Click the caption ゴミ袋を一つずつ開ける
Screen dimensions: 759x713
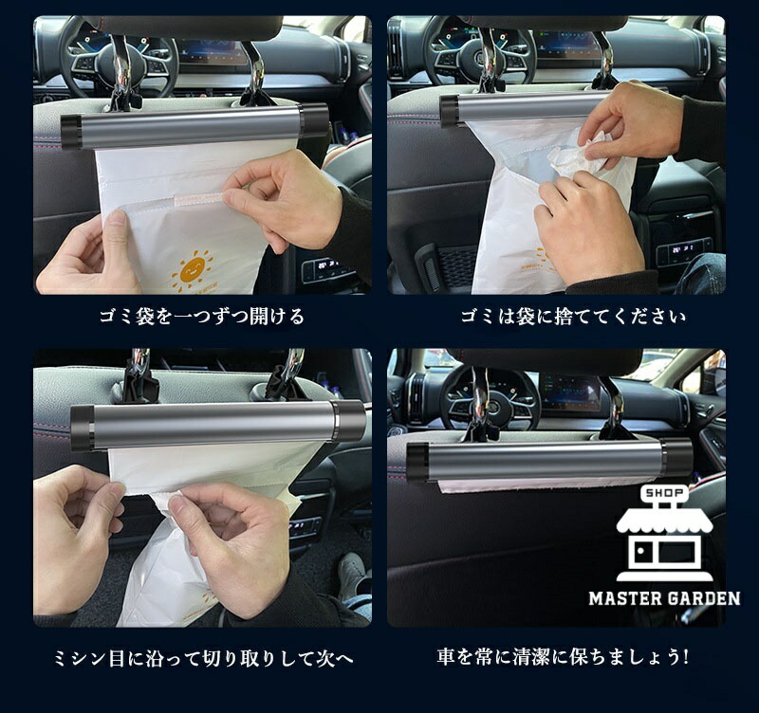click(202, 317)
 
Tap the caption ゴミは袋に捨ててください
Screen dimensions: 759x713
click(573, 317)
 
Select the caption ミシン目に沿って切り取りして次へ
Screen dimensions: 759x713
click(203, 658)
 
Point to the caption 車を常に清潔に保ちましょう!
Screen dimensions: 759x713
click(563, 657)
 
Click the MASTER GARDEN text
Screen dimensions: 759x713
click(664, 599)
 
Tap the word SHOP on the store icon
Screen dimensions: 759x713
click(664, 493)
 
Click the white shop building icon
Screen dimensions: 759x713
click(664, 533)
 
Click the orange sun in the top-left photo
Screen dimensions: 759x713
click(193, 271)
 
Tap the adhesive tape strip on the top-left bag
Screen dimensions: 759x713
click(199, 197)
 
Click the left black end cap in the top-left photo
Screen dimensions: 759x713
click(72, 132)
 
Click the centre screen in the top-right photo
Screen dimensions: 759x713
click(566, 46)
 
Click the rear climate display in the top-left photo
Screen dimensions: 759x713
click(323, 269)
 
